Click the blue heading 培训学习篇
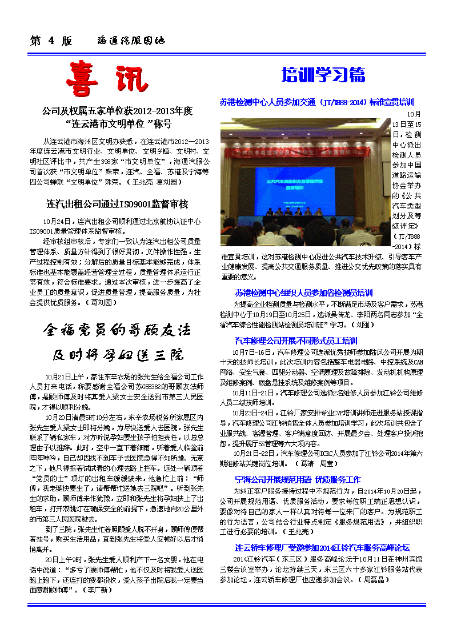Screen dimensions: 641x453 coord(323,75)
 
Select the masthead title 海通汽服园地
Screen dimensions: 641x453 coord(131,41)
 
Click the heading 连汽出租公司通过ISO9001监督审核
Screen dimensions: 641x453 coord(118,204)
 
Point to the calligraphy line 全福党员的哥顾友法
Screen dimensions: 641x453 coord(117,330)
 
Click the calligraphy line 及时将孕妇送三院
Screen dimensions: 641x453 coord(118,355)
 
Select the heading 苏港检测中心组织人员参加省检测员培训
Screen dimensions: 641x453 coord(304,293)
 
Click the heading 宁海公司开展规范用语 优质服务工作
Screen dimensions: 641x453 coord(298,479)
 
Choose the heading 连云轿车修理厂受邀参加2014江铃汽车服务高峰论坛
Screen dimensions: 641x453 coord(323,547)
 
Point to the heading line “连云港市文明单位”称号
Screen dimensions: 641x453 coord(118,124)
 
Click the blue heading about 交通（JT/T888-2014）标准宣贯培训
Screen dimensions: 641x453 coord(317,102)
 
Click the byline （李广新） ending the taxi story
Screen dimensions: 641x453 coord(98,590)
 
